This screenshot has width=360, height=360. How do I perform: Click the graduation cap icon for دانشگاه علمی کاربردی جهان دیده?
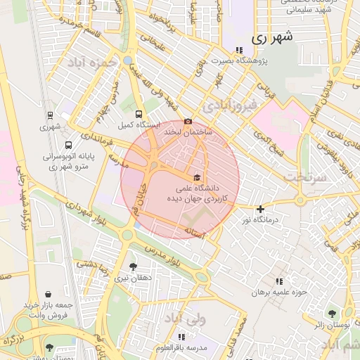[198, 177]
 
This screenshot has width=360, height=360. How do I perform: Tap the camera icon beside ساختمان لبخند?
[188, 121]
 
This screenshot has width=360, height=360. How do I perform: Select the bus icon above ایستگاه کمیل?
[139, 113]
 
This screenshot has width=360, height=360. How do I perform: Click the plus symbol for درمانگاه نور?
[261, 209]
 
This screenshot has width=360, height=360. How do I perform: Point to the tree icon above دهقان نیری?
[134, 266]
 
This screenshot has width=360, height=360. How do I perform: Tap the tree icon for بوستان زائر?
[332, 314]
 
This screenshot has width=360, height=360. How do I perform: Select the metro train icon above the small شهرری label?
[50, 115]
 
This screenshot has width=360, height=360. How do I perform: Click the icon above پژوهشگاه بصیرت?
[240, 50]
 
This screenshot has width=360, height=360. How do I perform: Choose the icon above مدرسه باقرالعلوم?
[182, 337]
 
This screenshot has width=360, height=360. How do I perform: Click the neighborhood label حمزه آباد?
[91, 63]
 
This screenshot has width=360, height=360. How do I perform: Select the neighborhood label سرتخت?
[308, 176]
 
